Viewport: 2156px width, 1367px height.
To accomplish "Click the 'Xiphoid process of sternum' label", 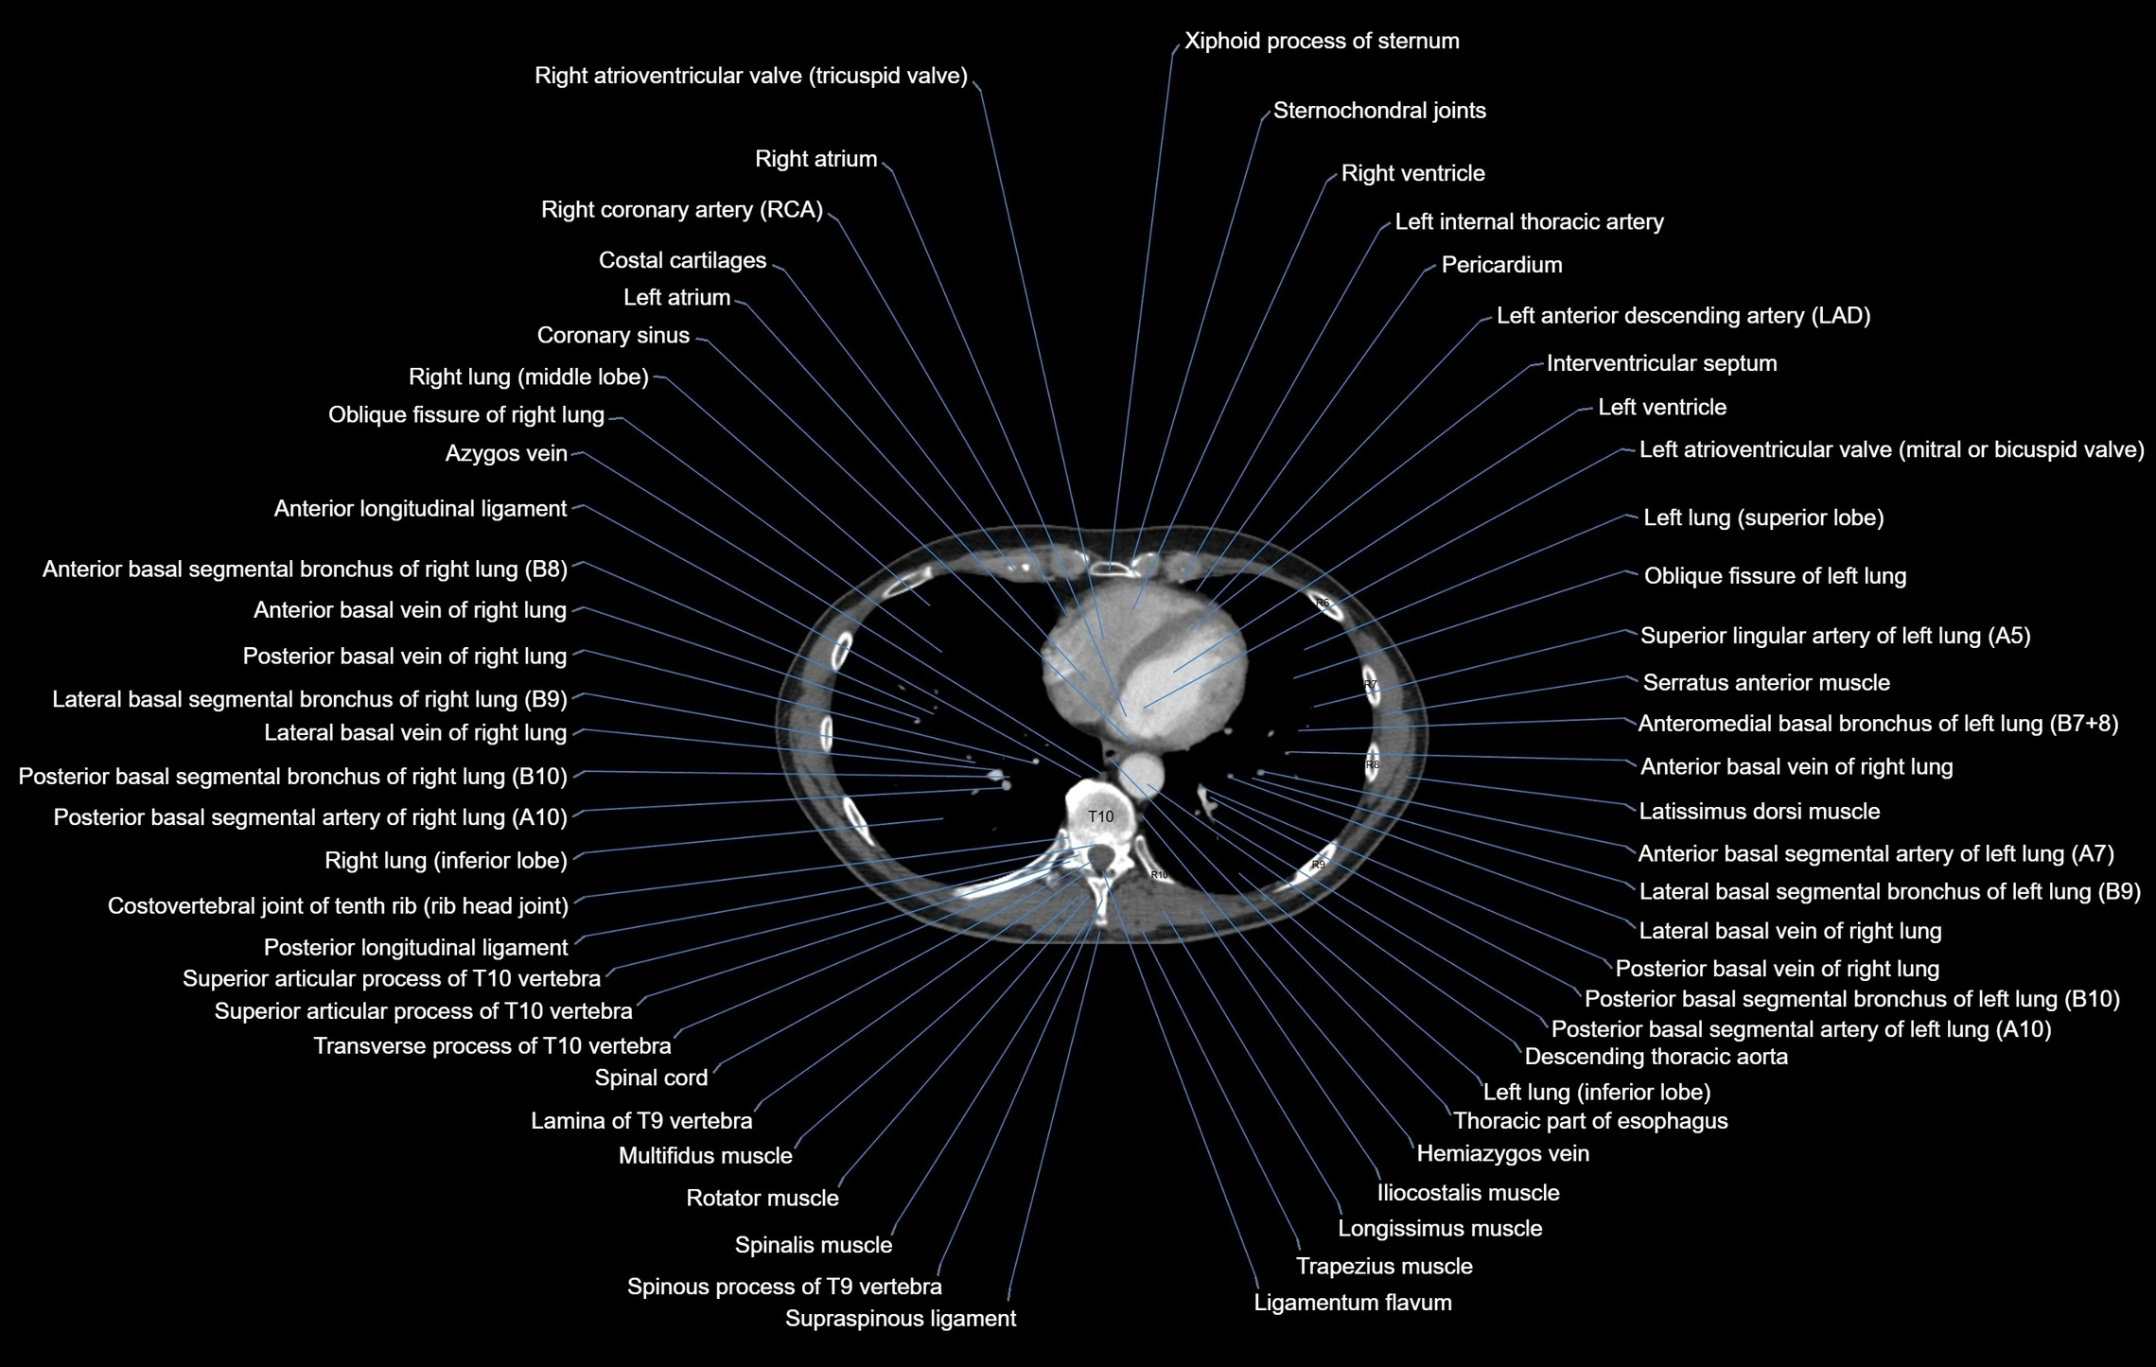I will coord(1322,42).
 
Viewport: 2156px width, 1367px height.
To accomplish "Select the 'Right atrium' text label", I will coord(815,159).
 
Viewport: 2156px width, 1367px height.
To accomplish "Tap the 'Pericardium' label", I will coord(1501,265).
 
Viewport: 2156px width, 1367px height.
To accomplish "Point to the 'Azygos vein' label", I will coord(506,454).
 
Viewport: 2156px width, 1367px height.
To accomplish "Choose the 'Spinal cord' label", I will coord(651,1078).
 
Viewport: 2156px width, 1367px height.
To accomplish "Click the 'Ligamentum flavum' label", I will coord(1353,1303).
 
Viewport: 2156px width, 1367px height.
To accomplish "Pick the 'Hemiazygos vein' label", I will coord(1502,1153).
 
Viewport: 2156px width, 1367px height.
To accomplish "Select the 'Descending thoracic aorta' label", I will coord(1656,1057).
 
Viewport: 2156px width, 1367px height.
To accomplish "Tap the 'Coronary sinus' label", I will coord(613,336).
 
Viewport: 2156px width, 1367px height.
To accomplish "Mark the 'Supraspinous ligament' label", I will coord(901,1319).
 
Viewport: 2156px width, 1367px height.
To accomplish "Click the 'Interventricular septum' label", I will coord(1661,363).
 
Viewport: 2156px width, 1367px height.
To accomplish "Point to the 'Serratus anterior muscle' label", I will coord(1766,683).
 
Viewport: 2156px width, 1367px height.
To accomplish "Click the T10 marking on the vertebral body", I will coord(1100,816).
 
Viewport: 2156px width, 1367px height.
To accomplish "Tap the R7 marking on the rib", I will coord(1371,684).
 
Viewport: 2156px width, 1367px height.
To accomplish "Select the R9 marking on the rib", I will coord(1318,864).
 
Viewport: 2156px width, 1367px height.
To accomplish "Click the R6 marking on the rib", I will coord(1323,603).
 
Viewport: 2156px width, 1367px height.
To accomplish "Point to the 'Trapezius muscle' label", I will coord(1384,1267).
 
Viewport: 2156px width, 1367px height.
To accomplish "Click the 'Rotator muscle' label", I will coord(762,1199).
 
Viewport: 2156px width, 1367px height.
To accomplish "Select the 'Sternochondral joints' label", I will coord(1379,111).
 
